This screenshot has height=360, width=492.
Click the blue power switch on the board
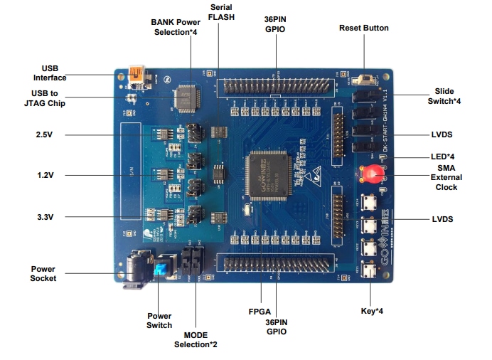coord(163,269)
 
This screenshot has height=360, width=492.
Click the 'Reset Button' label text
coord(363,28)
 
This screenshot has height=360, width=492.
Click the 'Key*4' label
coord(372,311)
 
